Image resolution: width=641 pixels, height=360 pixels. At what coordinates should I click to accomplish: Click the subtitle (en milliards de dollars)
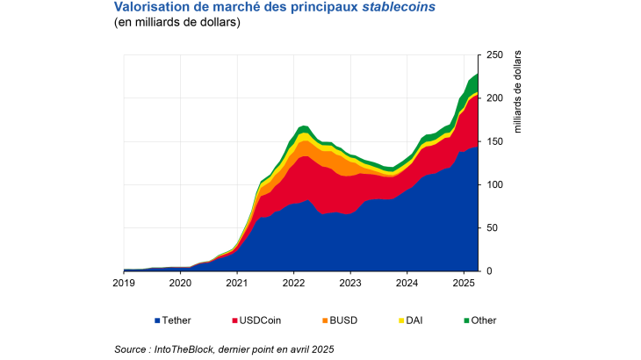176,23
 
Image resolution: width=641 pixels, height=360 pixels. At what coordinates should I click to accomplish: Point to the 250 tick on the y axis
494,55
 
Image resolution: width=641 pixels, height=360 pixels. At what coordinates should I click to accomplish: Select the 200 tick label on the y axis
494,98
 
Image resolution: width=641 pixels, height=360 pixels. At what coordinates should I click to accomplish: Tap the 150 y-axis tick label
494,141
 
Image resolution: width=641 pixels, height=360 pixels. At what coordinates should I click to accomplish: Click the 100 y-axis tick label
494,184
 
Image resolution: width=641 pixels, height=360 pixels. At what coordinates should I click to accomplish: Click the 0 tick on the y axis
489,270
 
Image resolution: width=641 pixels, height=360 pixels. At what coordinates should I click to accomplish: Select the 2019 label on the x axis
124,284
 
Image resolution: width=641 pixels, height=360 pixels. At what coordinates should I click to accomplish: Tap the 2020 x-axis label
180,284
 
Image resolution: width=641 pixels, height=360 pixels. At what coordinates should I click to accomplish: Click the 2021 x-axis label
237,284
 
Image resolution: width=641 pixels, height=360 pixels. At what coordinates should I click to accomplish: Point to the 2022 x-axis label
293,284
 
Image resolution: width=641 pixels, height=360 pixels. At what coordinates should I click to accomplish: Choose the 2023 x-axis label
350,284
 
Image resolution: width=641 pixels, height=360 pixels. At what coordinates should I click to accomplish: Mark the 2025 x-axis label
464,284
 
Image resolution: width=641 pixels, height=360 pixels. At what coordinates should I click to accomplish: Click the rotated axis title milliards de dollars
517,92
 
